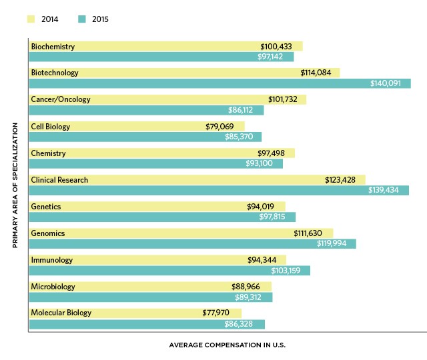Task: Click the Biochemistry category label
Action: (53, 47)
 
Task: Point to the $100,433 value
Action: (280, 47)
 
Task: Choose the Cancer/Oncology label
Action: (61, 99)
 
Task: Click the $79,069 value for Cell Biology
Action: (224, 126)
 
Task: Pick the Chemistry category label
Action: (48, 153)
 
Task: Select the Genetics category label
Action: (46, 207)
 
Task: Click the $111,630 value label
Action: (312, 233)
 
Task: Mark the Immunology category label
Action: (52, 260)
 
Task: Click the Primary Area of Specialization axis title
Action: (14, 185)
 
